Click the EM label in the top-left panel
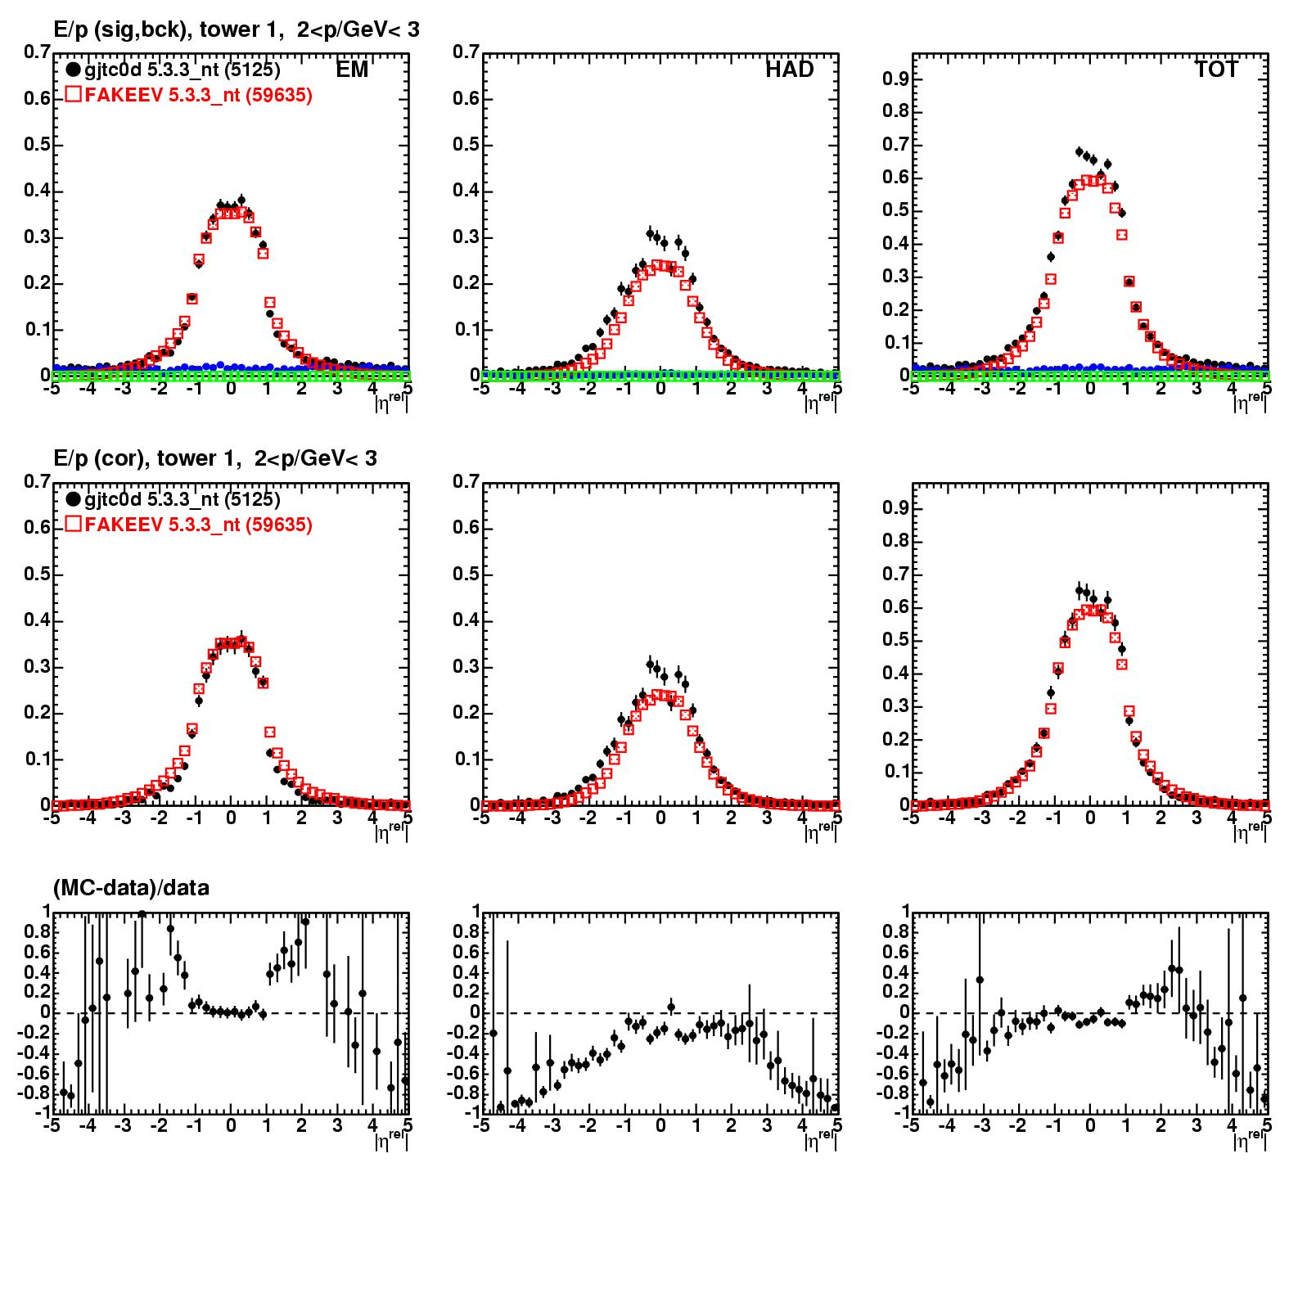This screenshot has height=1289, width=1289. (x=352, y=70)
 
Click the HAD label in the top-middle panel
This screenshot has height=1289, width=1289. (x=789, y=70)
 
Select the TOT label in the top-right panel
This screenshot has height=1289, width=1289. (x=1216, y=70)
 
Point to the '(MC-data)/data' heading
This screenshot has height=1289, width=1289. (x=131, y=887)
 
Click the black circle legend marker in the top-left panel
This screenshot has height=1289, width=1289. (x=74, y=70)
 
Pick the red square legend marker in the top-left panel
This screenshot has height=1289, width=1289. (x=74, y=95)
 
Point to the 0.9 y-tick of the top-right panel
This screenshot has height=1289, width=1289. (x=894, y=79)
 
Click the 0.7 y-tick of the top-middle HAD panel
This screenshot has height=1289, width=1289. (x=466, y=52)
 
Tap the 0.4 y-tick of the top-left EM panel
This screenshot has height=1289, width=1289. (x=37, y=192)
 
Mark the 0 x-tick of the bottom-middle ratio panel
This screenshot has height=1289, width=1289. (x=660, y=1126)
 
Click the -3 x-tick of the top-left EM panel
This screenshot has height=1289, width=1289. (x=122, y=389)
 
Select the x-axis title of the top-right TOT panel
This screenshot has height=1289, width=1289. (x=1250, y=402)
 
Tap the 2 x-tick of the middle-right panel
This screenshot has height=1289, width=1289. (x=1161, y=818)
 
